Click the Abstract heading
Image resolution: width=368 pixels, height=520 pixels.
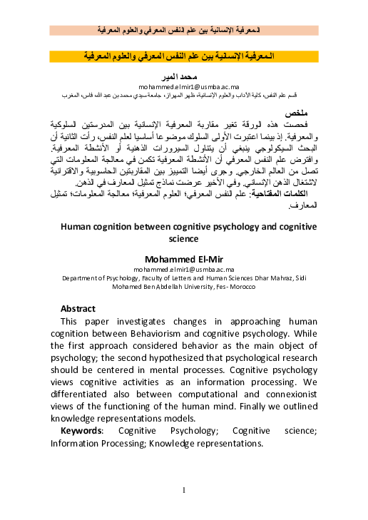point(78,308)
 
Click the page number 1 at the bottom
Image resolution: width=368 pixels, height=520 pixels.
point(183,490)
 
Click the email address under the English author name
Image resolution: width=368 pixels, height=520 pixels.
point(183,270)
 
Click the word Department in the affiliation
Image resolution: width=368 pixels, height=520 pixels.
point(83,278)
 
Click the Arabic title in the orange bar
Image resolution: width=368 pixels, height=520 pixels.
point(184,56)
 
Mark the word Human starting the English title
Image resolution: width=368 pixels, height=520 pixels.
point(76,228)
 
